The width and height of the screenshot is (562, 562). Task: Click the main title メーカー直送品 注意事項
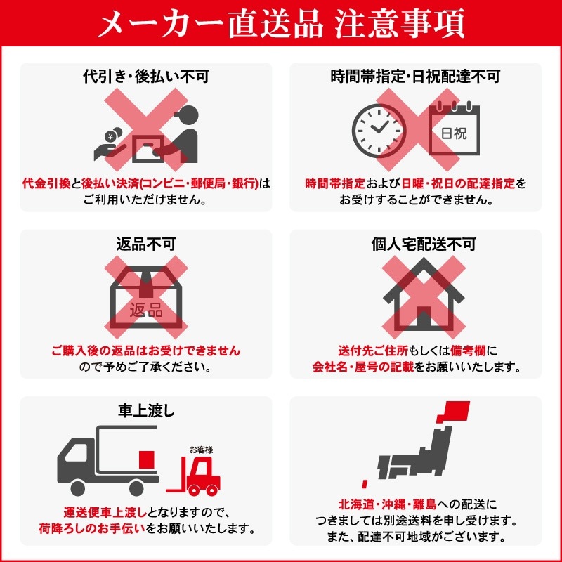pos(281,25)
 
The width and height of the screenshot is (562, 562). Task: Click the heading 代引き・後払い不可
pos(145,77)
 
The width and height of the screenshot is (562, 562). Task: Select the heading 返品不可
pos(145,244)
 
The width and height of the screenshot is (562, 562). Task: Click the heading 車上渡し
pos(145,411)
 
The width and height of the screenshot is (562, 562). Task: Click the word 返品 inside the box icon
pos(146,310)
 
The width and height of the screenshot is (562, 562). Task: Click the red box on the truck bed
pos(147,459)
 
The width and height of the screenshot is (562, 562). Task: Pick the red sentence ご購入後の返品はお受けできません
pos(145,351)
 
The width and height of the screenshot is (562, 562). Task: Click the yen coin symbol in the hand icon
pos(110,136)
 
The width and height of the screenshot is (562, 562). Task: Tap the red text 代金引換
pos(46,183)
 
